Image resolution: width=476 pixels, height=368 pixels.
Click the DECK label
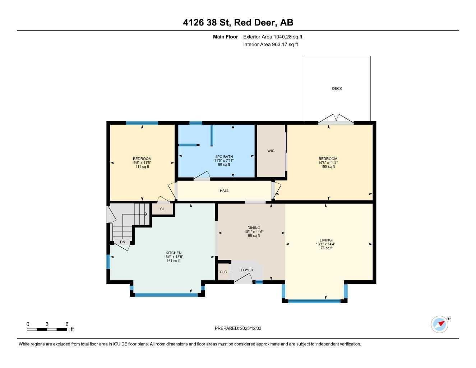click(x=337, y=88)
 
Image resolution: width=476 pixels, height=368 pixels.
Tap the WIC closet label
click(x=271, y=151)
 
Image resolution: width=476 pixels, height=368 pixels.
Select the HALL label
click(x=224, y=191)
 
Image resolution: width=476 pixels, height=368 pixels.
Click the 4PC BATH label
click(x=224, y=157)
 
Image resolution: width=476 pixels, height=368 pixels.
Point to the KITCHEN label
click(x=173, y=253)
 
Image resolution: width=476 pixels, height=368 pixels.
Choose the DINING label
click(x=254, y=228)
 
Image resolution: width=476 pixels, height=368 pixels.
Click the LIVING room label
click(x=325, y=240)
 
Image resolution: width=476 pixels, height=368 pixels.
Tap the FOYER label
click(x=247, y=270)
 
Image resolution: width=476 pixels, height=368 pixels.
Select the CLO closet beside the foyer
click(x=223, y=272)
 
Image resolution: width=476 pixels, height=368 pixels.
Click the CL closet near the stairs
click(x=162, y=209)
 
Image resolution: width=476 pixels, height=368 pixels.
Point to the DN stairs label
click(x=123, y=242)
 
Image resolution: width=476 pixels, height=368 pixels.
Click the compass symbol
click(x=440, y=324)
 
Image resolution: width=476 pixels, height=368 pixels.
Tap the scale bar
click(x=47, y=329)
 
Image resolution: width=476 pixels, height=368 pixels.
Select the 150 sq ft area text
click(x=328, y=167)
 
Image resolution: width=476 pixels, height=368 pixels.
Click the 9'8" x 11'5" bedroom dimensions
click(x=142, y=163)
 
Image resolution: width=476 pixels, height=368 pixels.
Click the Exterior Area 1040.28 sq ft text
click(x=273, y=37)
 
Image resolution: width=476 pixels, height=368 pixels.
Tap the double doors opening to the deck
click(x=336, y=120)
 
